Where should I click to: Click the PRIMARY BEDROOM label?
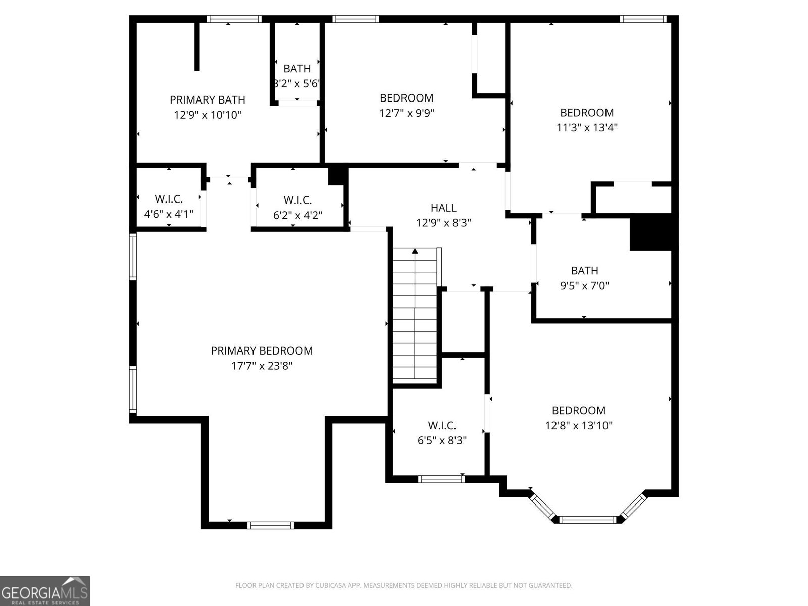coord(262,350)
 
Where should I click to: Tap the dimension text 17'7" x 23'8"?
coord(262,366)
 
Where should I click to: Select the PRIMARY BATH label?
coord(208,99)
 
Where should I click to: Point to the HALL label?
coord(443,208)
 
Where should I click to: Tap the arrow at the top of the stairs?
coord(415,251)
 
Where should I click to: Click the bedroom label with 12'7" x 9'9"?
coord(407,98)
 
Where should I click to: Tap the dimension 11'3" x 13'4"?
coord(587,128)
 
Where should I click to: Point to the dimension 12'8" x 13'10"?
coord(579,425)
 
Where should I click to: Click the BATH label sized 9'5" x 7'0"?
coord(584,271)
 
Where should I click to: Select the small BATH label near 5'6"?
coord(297,69)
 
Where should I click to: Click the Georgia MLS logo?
coord(44,590)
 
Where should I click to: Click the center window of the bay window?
coord(588,519)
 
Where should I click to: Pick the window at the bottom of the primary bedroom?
coord(271,525)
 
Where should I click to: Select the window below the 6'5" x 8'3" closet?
coord(441,479)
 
